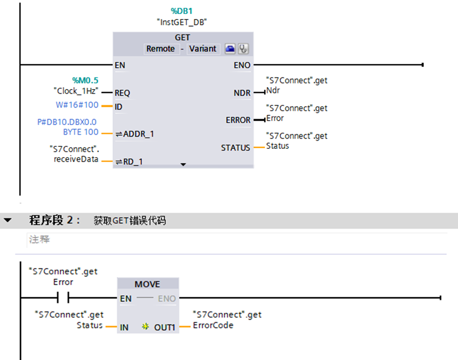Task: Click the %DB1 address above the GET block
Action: point(182,11)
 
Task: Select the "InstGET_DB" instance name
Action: point(182,22)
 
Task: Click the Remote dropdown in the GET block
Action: point(160,49)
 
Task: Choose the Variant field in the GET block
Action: point(202,49)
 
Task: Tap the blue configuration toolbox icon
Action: point(230,49)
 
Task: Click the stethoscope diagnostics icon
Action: point(243,49)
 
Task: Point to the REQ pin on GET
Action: point(122,92)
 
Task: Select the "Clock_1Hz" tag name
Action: point(75,91)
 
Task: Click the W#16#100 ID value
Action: point(77,105)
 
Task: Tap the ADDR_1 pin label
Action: point(138,134)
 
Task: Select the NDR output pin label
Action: point(242,92)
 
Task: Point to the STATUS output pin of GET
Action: point(236,147)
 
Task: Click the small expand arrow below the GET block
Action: point(183,165)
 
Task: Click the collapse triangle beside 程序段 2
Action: point(8,220)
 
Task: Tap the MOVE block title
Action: point(147,284)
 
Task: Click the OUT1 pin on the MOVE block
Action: point(165,327)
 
